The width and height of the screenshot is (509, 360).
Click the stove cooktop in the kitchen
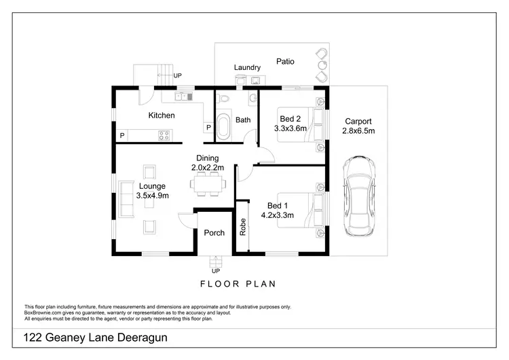[164, 135]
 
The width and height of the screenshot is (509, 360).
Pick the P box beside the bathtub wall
[208, 128]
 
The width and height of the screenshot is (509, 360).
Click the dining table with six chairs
[206, 183]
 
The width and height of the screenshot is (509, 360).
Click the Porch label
[214, 233]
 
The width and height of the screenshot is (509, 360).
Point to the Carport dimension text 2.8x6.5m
[358, 130]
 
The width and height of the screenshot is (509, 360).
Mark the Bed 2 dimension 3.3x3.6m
[290, 128]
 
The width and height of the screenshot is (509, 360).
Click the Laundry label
[247, 68]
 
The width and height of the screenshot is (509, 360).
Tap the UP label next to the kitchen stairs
[178, 76]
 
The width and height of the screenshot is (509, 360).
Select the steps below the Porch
[216, 262]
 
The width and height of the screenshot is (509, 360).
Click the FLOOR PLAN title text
[238, 284]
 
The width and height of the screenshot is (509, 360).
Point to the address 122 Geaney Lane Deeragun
[95, 338]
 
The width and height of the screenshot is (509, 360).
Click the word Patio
[285, 61]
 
